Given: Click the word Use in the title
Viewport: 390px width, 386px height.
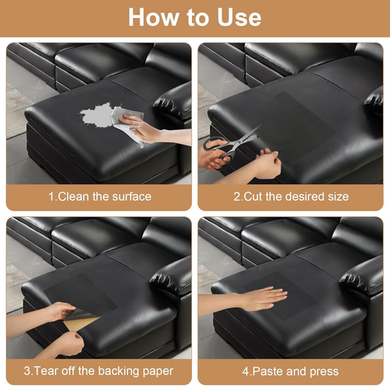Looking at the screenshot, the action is [239, 17].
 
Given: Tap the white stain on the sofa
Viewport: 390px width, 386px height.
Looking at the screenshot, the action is [97, 116].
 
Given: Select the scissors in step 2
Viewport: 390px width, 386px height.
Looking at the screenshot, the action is [229, 146].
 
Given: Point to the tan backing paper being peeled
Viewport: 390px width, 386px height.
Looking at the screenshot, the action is [80, 323].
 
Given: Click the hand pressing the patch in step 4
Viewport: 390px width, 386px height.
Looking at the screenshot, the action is [263, 299].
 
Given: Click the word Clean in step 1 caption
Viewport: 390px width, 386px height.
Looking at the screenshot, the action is [73, 197].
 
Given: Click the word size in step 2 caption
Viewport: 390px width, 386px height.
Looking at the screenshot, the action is [339, 197].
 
